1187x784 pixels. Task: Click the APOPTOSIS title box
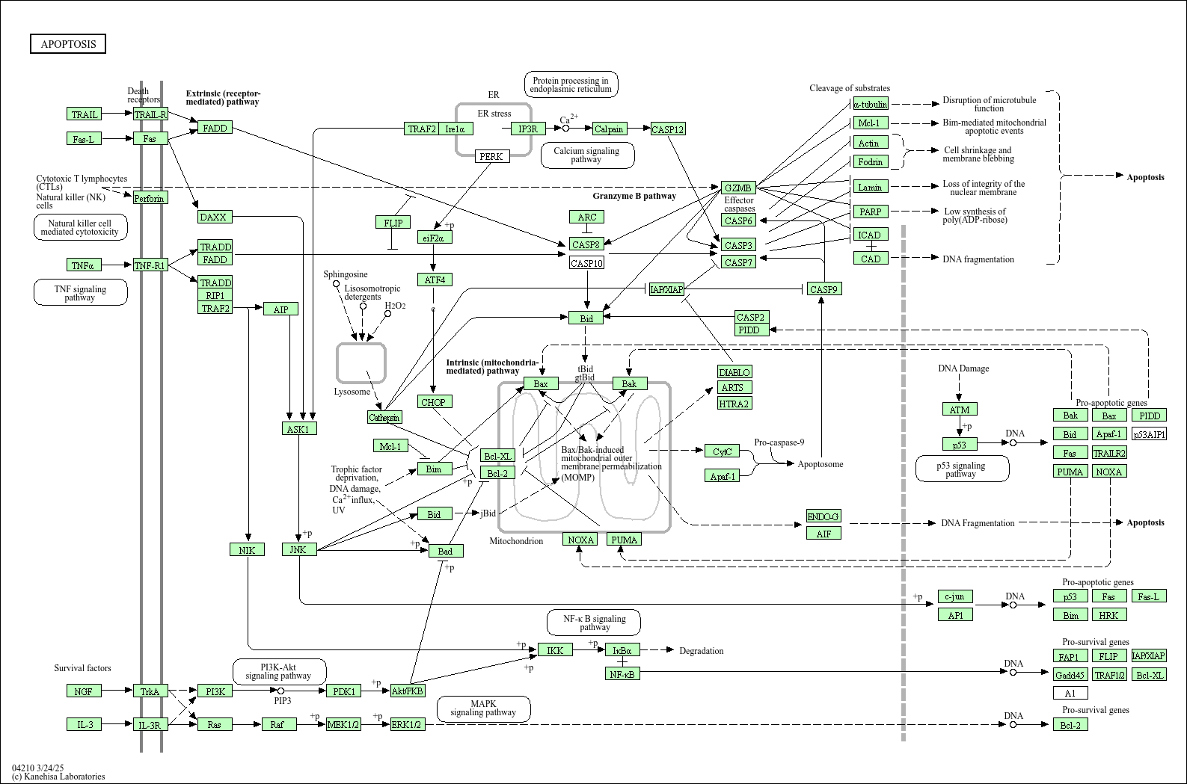tap(68, 44)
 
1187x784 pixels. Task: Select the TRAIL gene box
tap(84, 114)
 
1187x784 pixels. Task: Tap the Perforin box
tap(150, 198)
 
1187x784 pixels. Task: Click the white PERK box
tap(491, 156)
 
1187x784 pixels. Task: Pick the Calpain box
tap(609, 129)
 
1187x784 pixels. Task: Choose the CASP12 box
tap(667, 129)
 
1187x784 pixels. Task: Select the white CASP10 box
tap(586, 263)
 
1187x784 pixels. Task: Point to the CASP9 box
tap(823, 289)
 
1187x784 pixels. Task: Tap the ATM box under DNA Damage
tap(959, 410)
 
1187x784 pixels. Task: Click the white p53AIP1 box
tap(1149, 434)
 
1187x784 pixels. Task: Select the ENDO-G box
tap(823, 516)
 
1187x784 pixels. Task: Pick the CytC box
tap(722, 451)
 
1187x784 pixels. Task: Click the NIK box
tap(247, 550)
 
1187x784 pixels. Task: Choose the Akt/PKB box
tap(408, 691)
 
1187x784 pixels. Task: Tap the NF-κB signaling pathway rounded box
tap(595, 623)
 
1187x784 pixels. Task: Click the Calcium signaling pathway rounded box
tap(586, 155)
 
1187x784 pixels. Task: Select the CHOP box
tap(433, 402)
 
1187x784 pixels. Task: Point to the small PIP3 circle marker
tap(281, 691)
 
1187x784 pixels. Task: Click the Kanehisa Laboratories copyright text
tap(58, 777)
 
